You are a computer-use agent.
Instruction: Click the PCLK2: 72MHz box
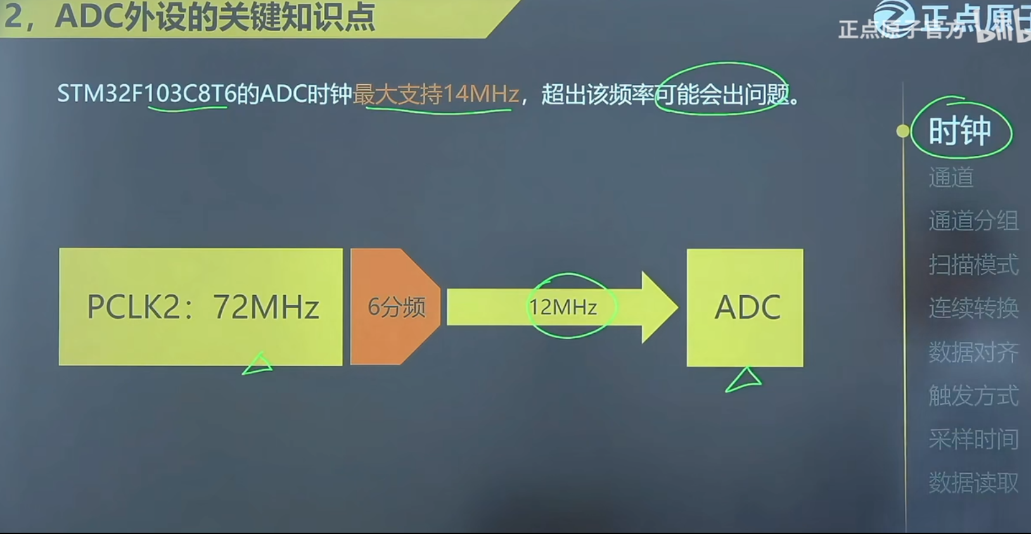201,307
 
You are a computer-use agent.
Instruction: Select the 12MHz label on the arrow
563,307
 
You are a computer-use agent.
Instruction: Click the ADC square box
745,307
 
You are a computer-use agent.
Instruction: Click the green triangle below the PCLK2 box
258,364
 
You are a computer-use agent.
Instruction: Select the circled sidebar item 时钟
959,130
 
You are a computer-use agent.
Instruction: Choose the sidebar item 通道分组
973,220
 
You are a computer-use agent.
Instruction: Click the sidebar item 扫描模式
973,264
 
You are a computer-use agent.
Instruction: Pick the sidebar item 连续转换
973,308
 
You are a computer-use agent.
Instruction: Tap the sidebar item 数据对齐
973,352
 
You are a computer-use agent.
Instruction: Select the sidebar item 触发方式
973,395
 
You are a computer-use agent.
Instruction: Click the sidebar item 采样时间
973,439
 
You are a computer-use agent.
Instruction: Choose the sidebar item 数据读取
973,483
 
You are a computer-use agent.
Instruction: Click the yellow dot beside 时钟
903,131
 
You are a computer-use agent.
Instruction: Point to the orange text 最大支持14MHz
436,94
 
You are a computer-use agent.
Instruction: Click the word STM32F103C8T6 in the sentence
146,94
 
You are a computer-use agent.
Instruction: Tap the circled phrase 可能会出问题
722,94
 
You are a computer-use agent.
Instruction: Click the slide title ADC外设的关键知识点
215,17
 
